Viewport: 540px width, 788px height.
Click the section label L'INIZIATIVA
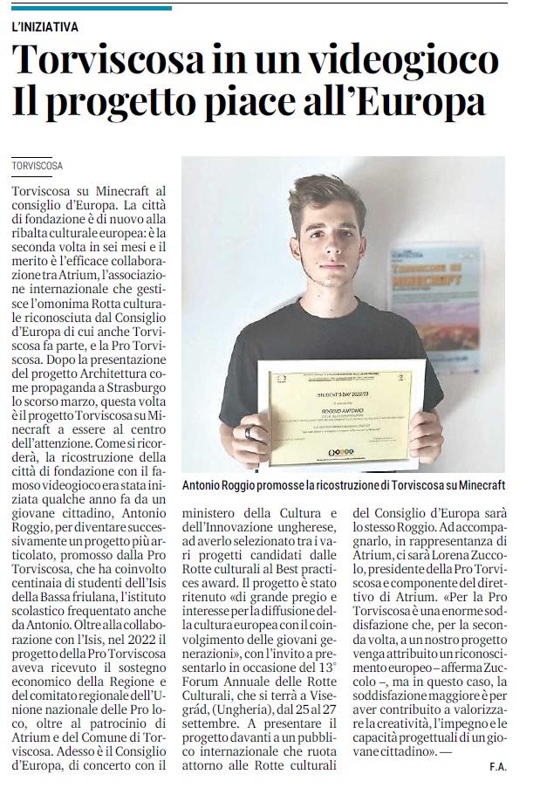click(x=45, y=27)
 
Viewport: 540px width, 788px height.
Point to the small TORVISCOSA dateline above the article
click(x=38, y=165)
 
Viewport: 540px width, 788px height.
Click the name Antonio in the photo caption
click(x=205, y=485)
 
